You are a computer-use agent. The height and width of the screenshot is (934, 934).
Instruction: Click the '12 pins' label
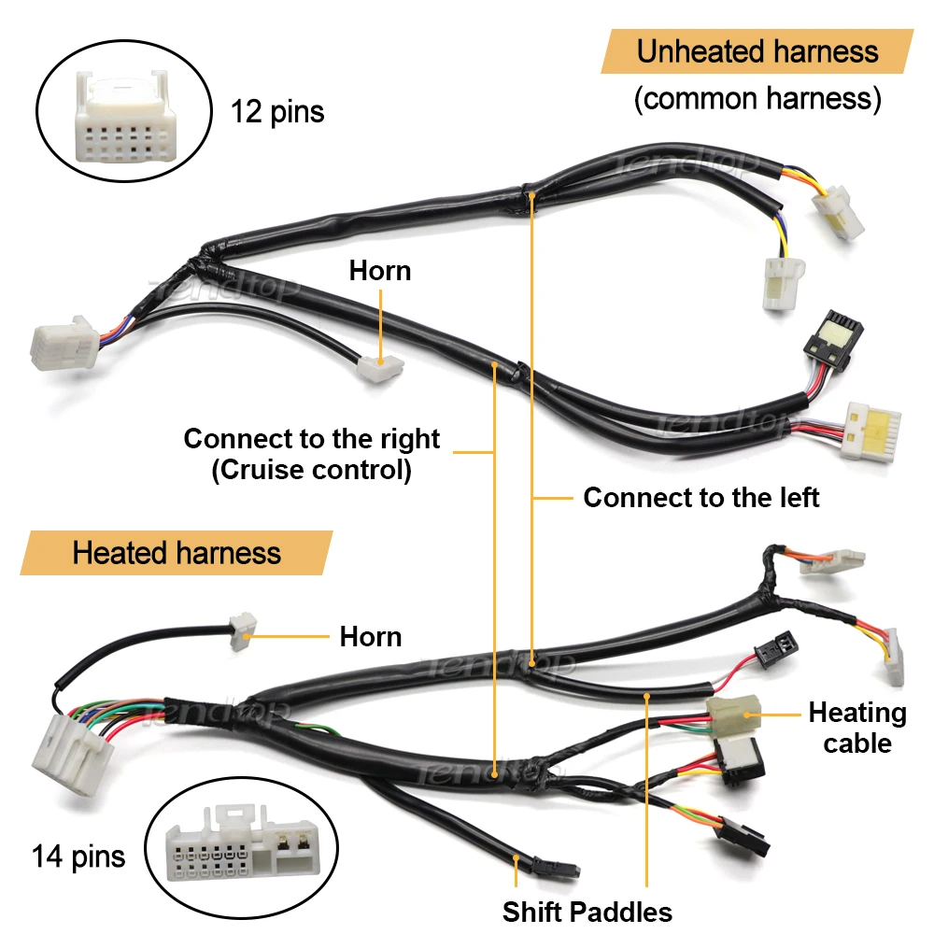pyautogui.click(x=277, y=112)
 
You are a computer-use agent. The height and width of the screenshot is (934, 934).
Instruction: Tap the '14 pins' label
pyautogui.click(x=78, y=856)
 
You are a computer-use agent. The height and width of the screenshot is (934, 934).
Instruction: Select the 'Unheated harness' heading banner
pyautogui.click(x=757, y=51)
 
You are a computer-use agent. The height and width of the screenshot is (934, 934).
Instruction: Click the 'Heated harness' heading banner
pyautogui.click(x=177, y=553)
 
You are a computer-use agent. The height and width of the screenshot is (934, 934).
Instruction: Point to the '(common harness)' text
pyautogui.click(x=757, y=99)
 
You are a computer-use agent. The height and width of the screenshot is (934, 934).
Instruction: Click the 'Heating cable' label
pyautogui.click(x=856, y=728)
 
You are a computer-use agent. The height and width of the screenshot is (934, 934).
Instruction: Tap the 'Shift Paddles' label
pyautogui.click(x=587, y=912)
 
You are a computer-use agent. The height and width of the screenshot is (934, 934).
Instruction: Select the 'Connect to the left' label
pyautogui.click(x=700, y=498)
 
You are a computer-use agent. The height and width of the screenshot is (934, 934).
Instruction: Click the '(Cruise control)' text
pyautogui.click(x=311, y=469)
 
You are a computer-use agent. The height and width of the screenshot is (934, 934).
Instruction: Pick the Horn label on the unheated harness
pyautogui.click(x=380, y=271)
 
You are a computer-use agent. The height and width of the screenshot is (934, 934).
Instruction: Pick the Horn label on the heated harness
pyautogui.click(x=371, y=637)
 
